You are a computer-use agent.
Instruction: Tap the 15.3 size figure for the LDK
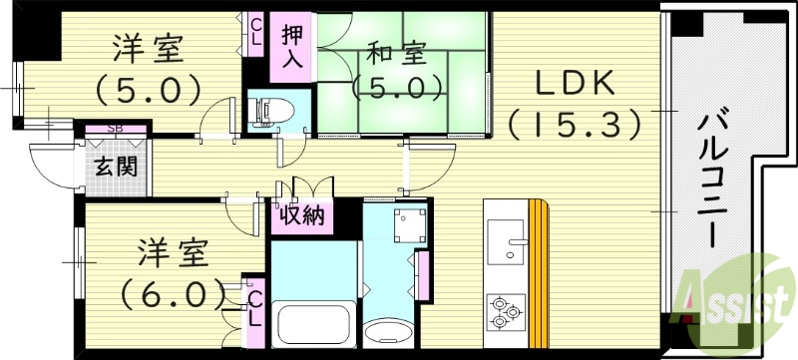(x=571, y=125)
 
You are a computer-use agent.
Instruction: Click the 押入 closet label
(x=291, y=46)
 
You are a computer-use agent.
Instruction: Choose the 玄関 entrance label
(x=116, y=166)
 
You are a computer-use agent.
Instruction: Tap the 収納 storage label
(x=300, y=215)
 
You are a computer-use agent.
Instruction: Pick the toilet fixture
(x=270, y=111)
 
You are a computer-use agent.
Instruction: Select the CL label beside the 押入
(x=257, y=30)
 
